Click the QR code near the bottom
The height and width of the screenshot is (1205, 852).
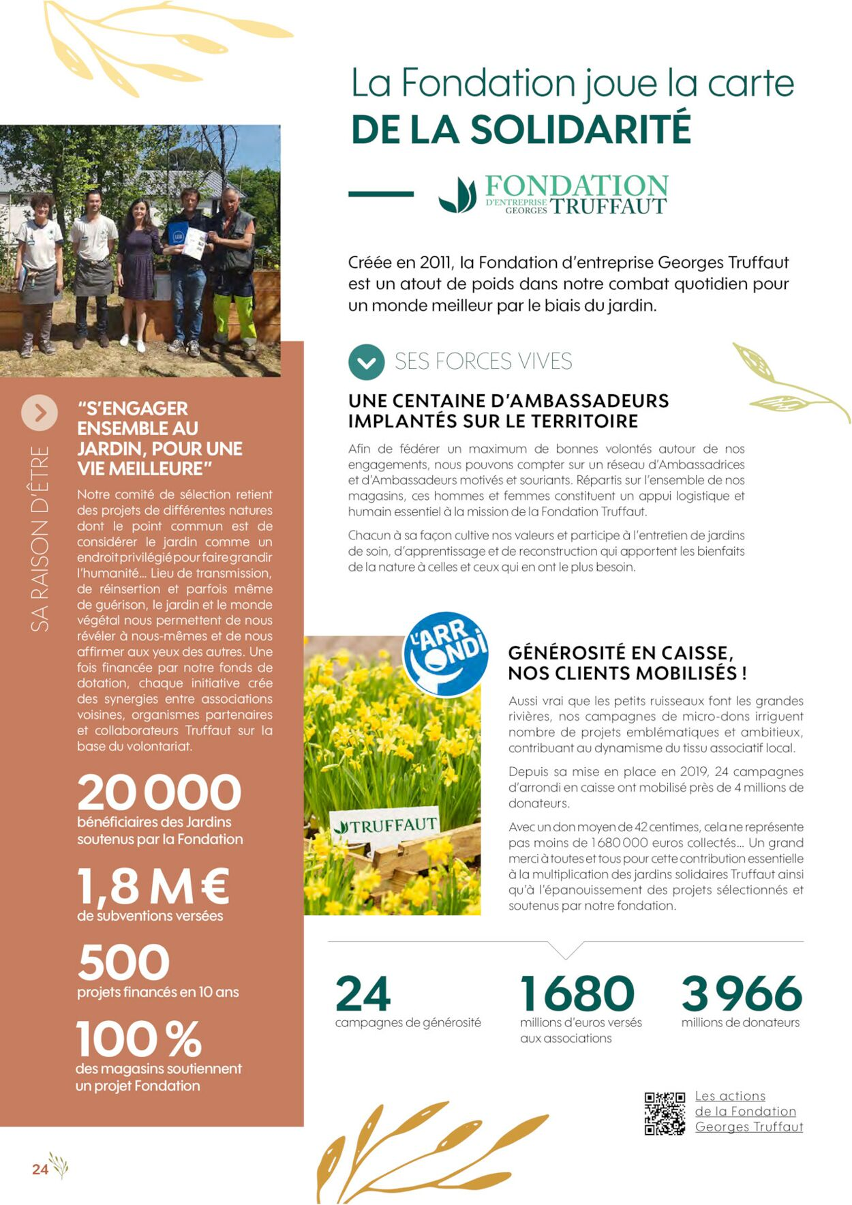[665, 1113]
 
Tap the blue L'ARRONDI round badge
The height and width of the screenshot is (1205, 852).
[446, 653]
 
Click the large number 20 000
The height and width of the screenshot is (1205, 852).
[159, 792]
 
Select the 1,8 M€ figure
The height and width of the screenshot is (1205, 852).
[153, 886]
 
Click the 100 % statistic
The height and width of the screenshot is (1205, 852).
[139, 1039]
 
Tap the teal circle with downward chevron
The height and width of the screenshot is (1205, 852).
[366, 362]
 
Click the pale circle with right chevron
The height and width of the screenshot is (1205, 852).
[40, 413]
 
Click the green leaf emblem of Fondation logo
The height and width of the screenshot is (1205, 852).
[457, 195]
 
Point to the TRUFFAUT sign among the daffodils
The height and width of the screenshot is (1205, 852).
[386, 826]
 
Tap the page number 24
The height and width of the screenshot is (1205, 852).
[40, 1169]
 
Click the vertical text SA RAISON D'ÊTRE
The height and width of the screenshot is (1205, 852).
[40, 539]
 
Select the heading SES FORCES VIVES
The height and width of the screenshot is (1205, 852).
[483, 361]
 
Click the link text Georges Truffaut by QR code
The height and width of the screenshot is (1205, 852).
[748, 1127]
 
